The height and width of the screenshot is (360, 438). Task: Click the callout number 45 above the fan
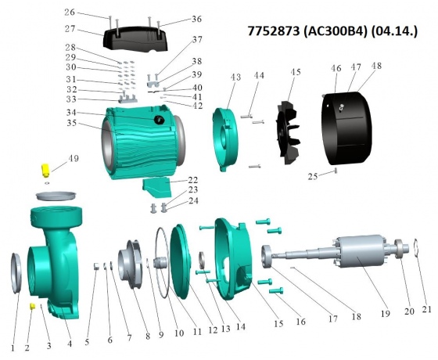(x=296, y=72)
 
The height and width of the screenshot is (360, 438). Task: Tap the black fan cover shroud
(x=347, y=128)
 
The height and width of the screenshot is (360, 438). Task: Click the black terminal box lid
(x=135, y=38)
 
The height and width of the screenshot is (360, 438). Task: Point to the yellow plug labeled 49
(x=45, y=171)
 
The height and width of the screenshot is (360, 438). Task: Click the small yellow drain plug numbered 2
(x=32, y=306)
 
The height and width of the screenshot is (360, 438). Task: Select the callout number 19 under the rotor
(x=386, y=314)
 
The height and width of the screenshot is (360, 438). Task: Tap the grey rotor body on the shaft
(x=361, y=254)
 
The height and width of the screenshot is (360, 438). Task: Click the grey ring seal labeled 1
(x=16, y=273)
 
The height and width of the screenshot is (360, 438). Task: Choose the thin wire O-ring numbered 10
(x=161, y=263)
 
